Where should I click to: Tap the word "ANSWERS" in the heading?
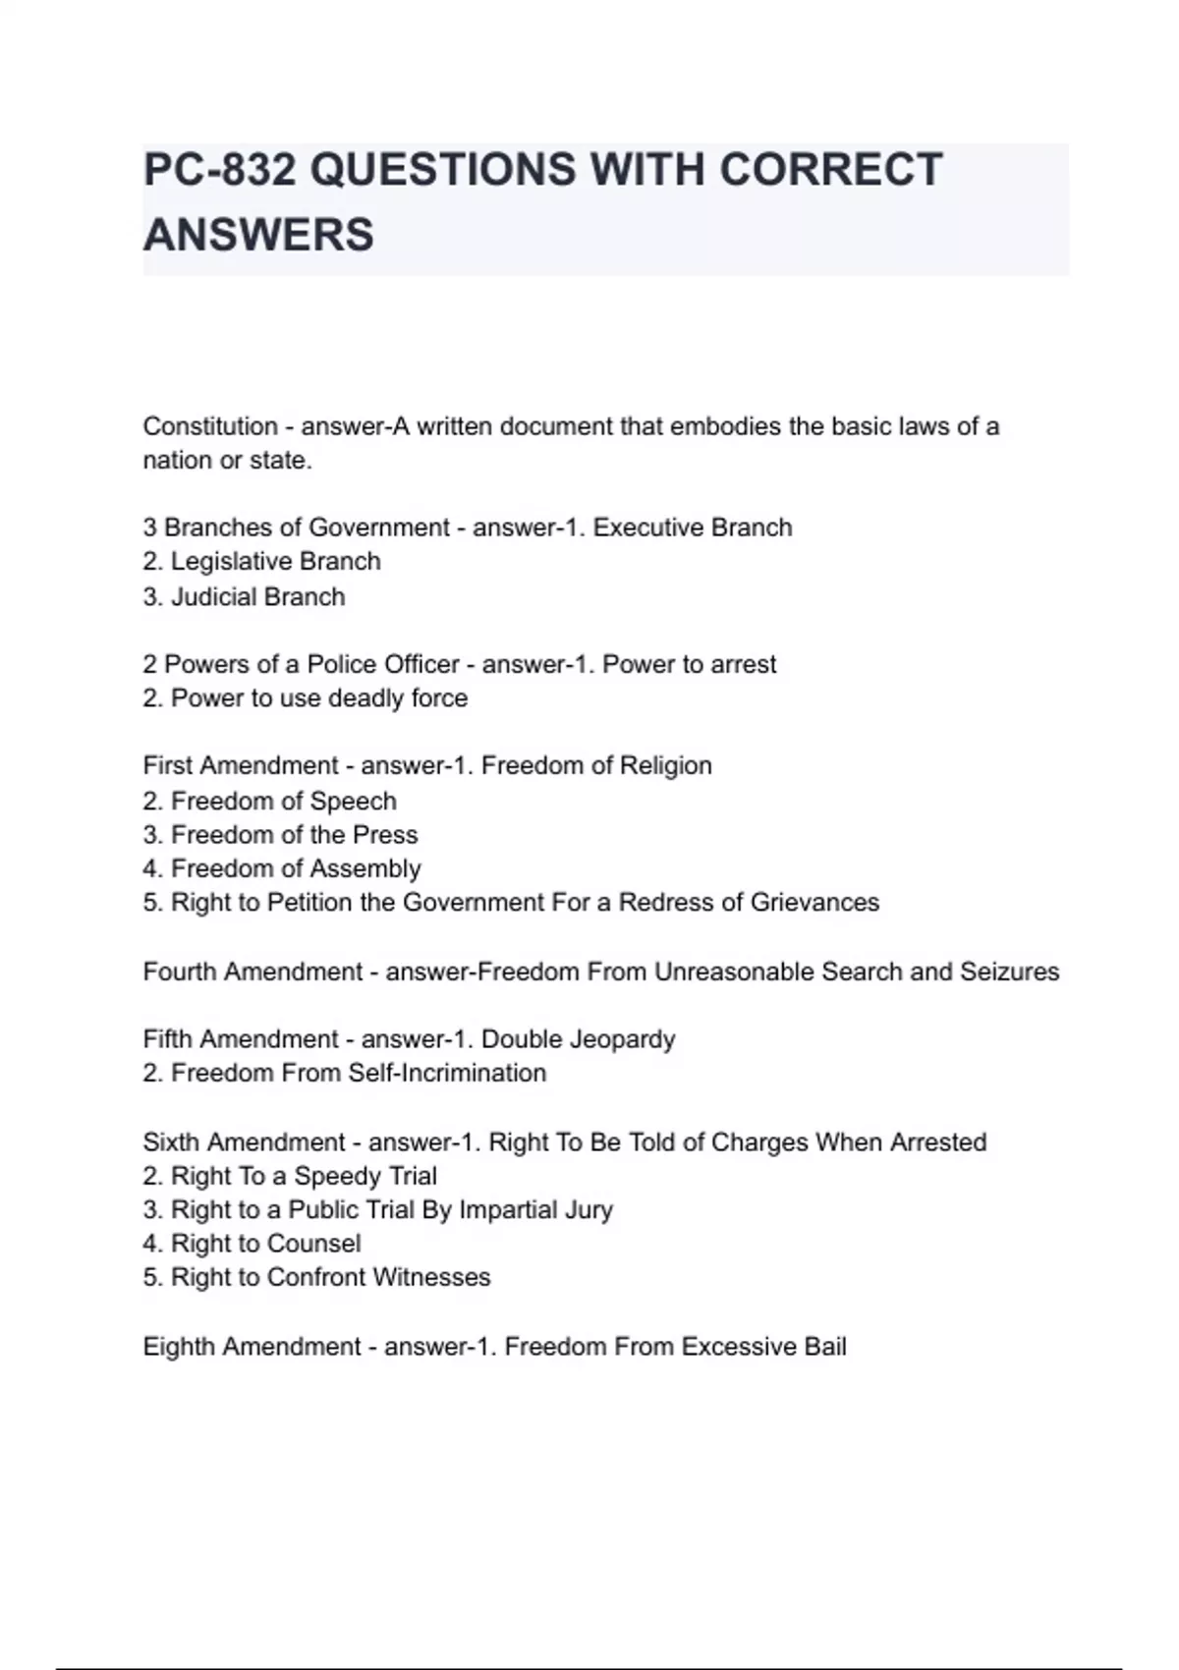pyautogui.click(x=258, y=236)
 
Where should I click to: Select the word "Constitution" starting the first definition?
pyautogui.click(x=210, y=426)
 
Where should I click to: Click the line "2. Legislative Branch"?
pyautogui.click(x=261, y=561)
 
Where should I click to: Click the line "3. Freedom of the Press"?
pyautogui.click(x=280, y=834)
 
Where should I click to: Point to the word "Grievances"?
pyautogui.click(x=814, y=902)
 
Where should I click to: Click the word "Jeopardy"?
pyautogui.click(x=626, y=1039)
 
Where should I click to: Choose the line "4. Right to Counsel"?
pyautogui.click(x=252, y=1244)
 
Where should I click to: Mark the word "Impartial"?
pyautogui.click(x=518, y=1209)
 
